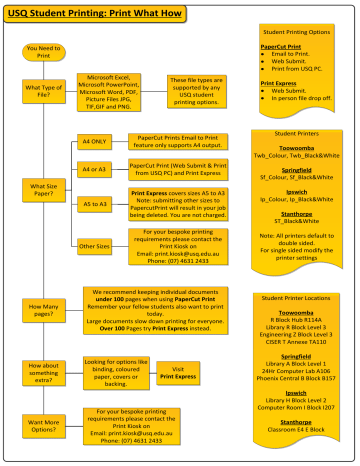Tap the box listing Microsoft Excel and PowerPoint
pos(116,93)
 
